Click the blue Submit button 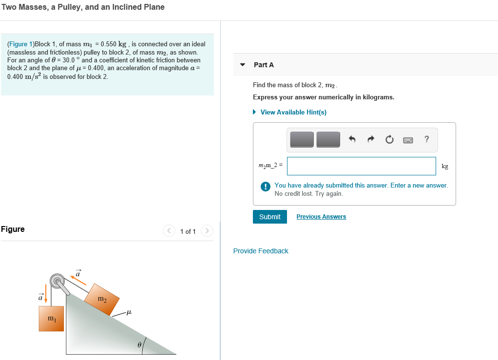(269, 217)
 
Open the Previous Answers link (321, 217)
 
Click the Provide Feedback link (261, 251)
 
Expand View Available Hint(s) (293, 112)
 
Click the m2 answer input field (361, 166)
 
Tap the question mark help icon (426, 140)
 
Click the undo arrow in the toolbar (352, 140)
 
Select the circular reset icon (389, 140)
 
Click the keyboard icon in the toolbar (408, 140)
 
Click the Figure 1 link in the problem (18, 44)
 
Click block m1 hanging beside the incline (52, 319)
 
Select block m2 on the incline (101, 298)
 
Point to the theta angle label (139, 344)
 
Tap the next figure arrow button (207, 230)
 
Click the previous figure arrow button (169, 230)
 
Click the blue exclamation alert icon (265, 186)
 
